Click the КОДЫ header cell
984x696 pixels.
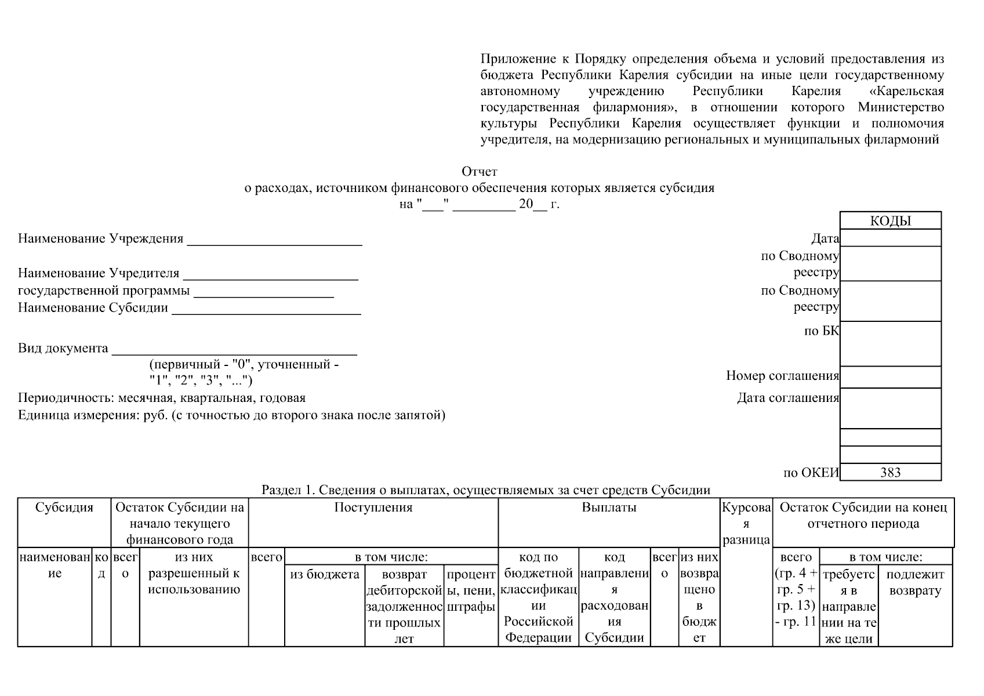(x=890, y=221)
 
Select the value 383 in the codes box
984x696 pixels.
(x=890, y=472)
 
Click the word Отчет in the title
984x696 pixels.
(x=479, y=172)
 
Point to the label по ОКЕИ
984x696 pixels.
(x=811, y=473)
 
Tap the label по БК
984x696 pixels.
(x=822, y=331)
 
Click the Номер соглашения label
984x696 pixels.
(x=782, y=376)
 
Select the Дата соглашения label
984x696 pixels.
(x=788, y=398)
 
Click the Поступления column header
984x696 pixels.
(x=373, y=507)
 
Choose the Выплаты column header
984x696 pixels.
(x=609, y=507)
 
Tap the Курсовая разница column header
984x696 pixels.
(x=746, y=524)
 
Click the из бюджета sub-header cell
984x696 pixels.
(x=325, y=574)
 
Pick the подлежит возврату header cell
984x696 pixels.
(x=915, y=582)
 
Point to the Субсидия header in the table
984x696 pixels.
(x=64, y=507)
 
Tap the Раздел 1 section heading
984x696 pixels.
(x=486, y=490)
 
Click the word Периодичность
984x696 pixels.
(x=67, y=398)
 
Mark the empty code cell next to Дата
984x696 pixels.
(x=890, y=238)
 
